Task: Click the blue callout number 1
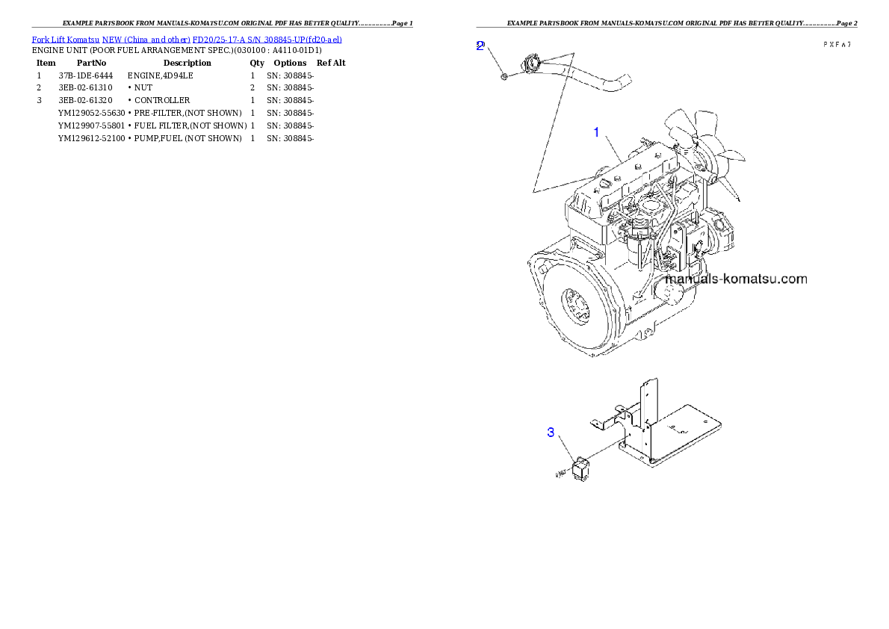tap(596, 132)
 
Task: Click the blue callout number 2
tap(480, 46)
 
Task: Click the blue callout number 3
tap(551, 433)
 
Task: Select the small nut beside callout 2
tap(504, 75)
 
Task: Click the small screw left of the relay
tap(560, 474)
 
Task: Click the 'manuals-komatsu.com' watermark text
tap(736, 279)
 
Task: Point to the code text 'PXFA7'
tap(837, 45)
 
